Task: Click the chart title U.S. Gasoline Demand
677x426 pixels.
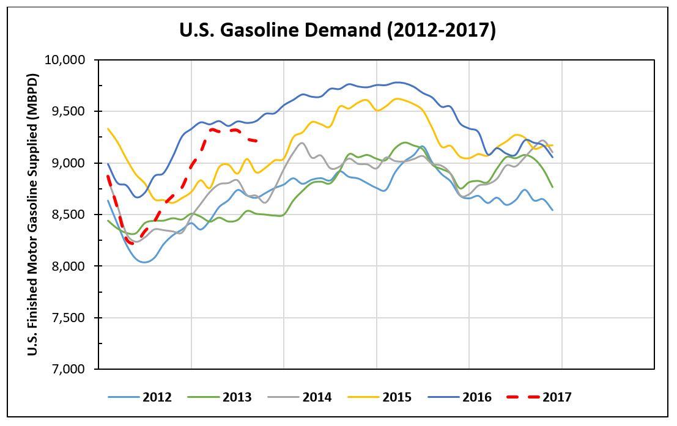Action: tap(338, 30)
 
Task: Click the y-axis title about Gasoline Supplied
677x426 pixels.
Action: tap(33, 215)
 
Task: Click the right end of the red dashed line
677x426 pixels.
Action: tap(257, 141)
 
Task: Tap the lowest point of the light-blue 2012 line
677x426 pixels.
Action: tap(144, 262)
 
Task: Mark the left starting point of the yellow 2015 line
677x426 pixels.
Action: tap(108, 128)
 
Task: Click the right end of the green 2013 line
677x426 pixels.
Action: tap(553, 187)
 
